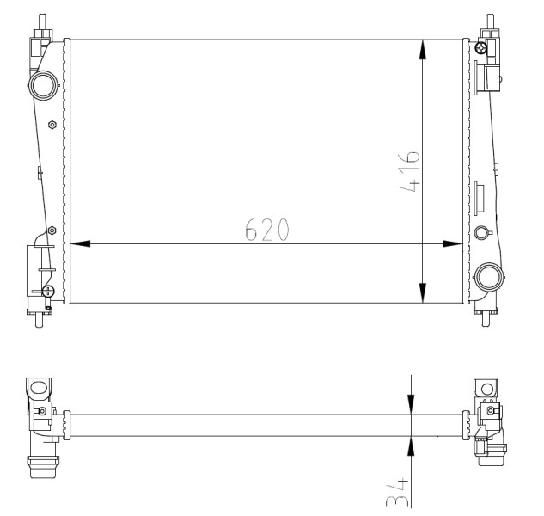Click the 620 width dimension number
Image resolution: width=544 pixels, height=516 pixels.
[x=266, y=230]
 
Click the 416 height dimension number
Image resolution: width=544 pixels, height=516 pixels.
[x=409, y=171]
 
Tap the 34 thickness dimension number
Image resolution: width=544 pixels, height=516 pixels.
[x=397, y=493]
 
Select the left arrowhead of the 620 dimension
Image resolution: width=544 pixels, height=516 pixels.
[x=80, y=243]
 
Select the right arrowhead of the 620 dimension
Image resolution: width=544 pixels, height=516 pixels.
[x=453, y=243]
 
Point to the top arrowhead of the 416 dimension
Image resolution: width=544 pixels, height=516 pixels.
[x=423, y=50]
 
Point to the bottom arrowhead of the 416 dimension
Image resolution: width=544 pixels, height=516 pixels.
[x=423, y=293]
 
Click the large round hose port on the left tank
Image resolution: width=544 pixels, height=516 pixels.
[x=43, y=85]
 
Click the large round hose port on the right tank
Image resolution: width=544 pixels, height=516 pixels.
[x=488, y=277]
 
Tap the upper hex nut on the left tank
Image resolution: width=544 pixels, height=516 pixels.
[x=52, y=125]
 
